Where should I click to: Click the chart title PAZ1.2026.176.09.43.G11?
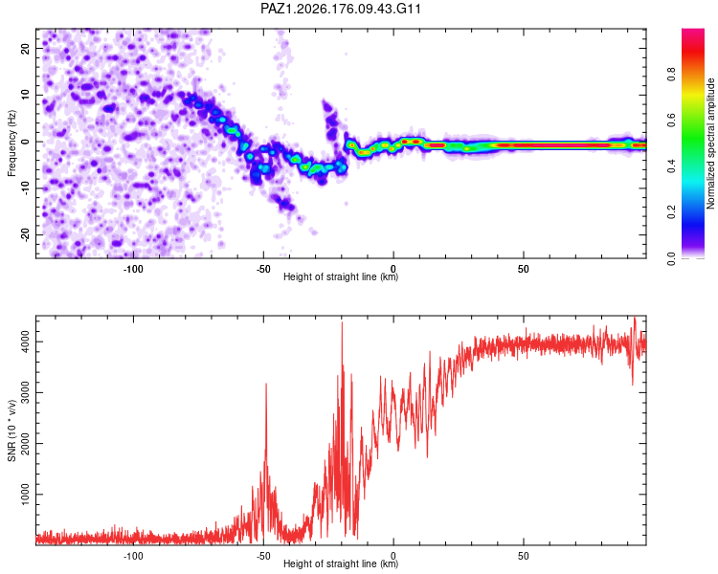(340, 9)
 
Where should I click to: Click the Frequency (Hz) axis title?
(11, 143)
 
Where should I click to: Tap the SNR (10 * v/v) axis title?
(11, 430)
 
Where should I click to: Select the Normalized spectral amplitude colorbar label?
(710, 143)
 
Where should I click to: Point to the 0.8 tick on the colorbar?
(671, 74)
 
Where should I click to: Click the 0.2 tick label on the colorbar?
(671, 212)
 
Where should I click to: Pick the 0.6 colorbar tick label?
(671, 120)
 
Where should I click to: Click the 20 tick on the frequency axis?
(25, 49)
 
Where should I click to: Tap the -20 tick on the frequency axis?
(25, 234)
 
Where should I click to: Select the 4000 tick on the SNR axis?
(25, 342)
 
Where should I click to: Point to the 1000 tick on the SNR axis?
(25, 495)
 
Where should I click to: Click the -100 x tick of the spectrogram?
(133, 269)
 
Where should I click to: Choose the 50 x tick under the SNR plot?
(524, 556)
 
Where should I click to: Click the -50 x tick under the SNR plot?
(263, 556)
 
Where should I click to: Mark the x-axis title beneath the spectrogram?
(341, 276)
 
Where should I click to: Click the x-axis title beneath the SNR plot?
(341, 563)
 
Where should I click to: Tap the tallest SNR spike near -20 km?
(342, 322)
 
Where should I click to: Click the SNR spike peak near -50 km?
(266, 384)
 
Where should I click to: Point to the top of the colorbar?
(693, 29)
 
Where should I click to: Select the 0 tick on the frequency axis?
(25, 142)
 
